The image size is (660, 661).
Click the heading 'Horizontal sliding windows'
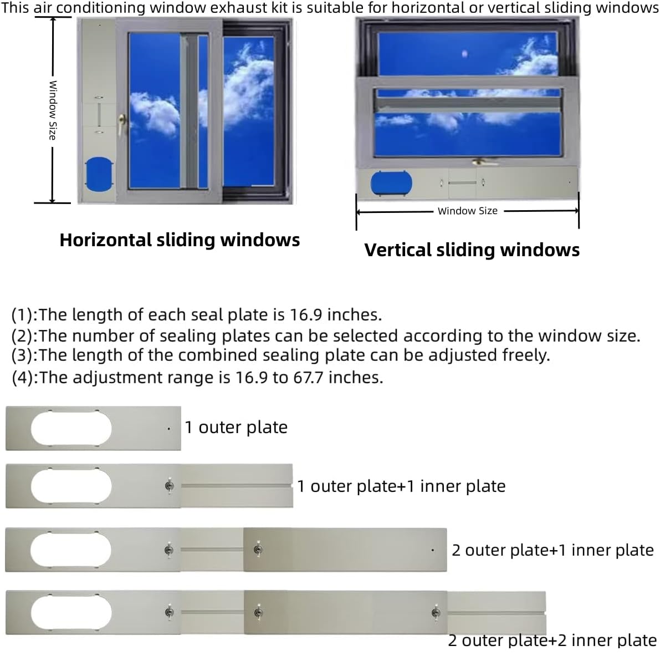tap(180, 240)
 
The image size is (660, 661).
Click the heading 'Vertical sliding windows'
tap(472, 250)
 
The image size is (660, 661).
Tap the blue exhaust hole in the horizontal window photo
tap(99, 174)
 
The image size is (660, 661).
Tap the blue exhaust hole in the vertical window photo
tap(391, 184)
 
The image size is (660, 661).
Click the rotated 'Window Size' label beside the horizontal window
tap(53, 110)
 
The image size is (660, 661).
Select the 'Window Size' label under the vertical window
tap(468, 211)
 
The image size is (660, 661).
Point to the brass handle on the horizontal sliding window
tap(122, 124)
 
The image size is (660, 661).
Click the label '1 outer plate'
tap(236, 428)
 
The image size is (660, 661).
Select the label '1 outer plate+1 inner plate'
tap(401, 486)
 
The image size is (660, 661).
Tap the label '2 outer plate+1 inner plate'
tap(552, 550)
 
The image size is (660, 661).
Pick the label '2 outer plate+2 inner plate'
tap(552, 640)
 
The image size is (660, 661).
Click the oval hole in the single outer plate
tap(71, 428)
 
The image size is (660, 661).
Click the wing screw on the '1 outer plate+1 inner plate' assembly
tap(170, 486)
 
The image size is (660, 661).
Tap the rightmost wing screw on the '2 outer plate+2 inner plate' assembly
tap(436, 613)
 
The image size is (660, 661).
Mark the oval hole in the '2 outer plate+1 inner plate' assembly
tap(71, 550)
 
